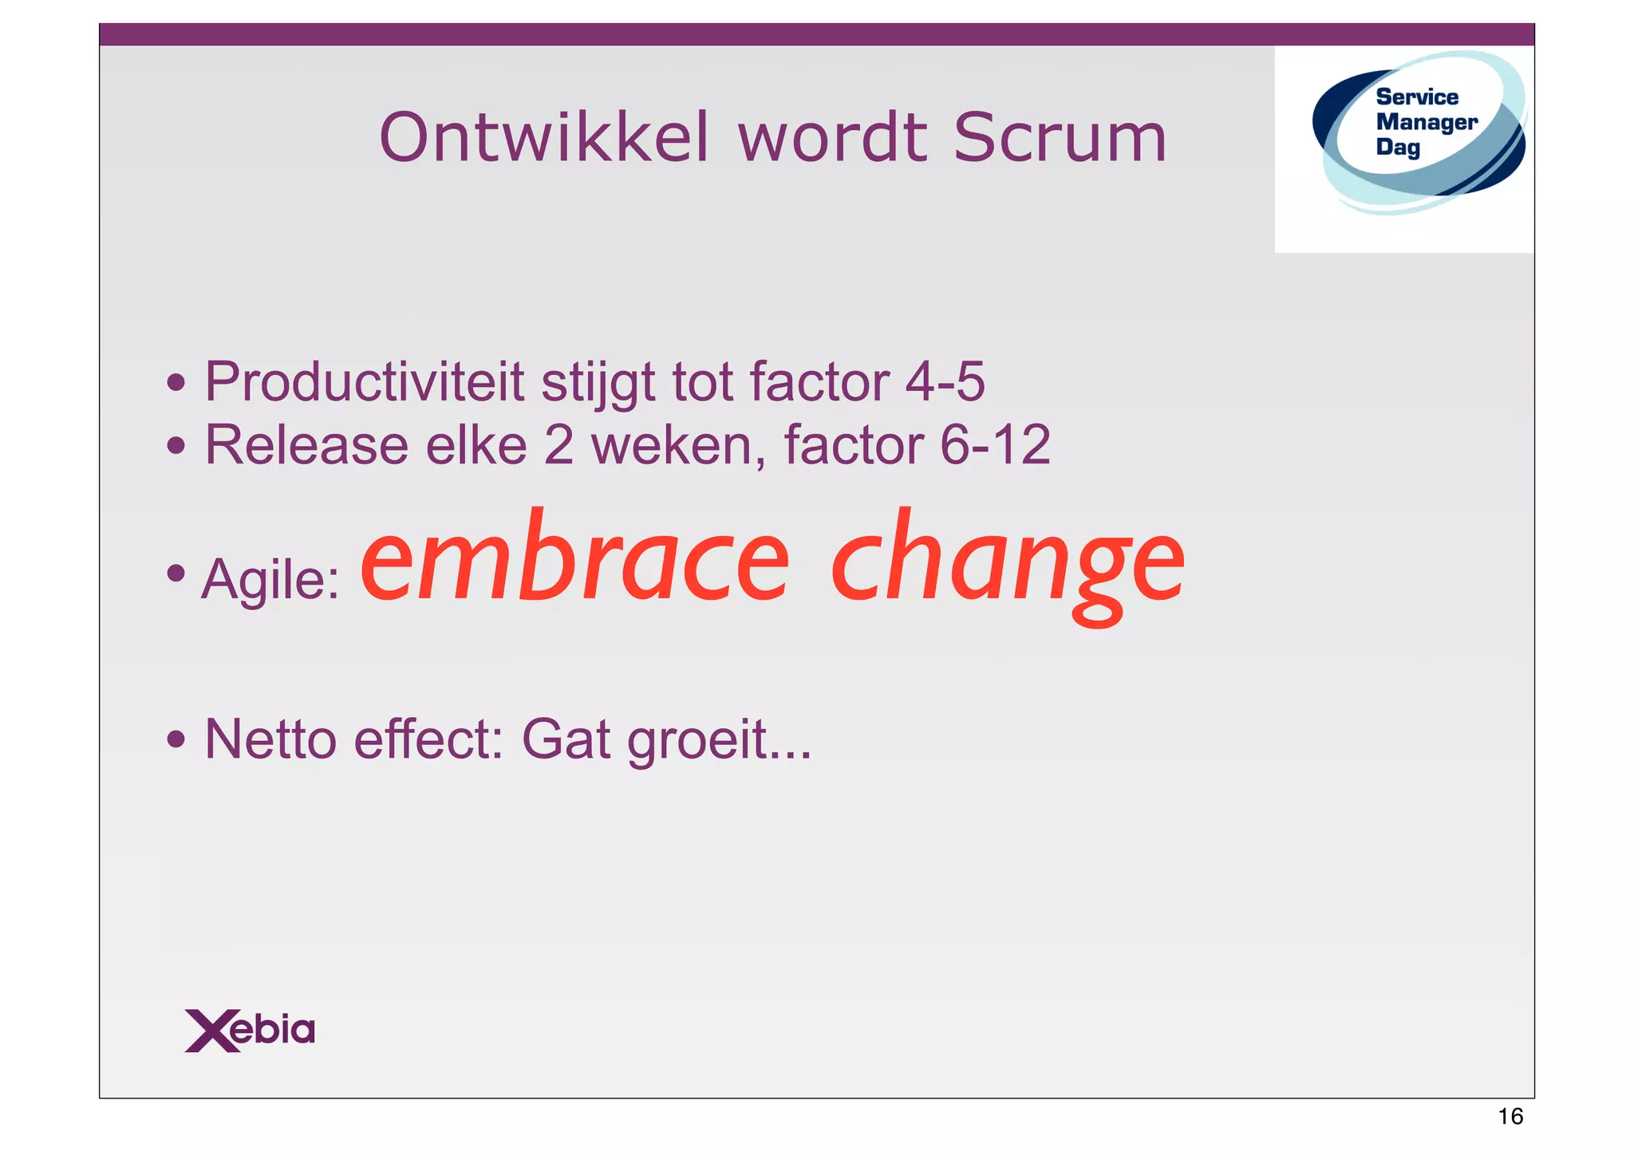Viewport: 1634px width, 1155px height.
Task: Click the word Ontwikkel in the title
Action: click(543, 138)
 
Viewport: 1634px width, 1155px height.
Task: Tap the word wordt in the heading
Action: click(832, 138)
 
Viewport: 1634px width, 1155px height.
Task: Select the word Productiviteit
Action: click(365, 383)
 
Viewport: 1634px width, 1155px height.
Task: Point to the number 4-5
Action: click(945, 383)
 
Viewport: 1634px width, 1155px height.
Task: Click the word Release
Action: click(306, 445)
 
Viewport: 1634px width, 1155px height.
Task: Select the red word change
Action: click(1007, 562)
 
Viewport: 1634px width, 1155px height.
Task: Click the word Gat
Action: click(566, 739)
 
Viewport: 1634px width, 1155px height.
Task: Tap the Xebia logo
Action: click(250, 1030)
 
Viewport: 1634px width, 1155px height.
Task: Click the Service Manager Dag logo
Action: click(1419, 132)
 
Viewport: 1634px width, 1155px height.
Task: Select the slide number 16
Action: click(1510, 1116)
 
